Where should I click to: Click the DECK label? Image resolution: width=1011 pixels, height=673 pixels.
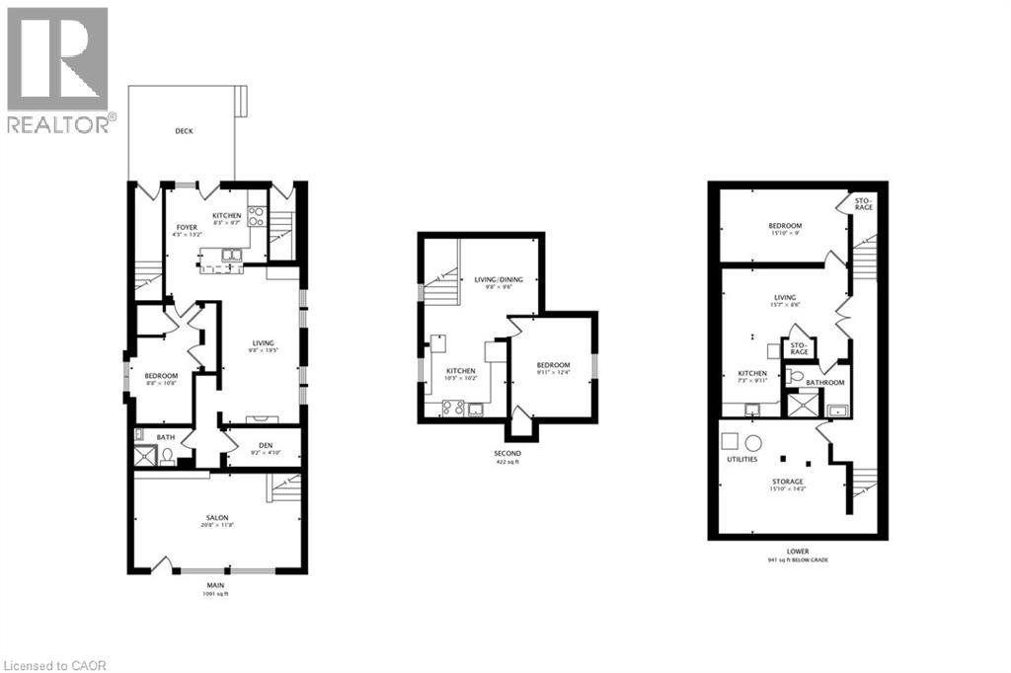tap(184, 131)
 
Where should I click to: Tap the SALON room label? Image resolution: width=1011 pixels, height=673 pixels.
tap(217, 517)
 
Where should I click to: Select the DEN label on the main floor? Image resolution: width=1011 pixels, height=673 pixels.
tap(266, 444)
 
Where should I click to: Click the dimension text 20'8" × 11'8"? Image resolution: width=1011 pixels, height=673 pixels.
tap(217, 526)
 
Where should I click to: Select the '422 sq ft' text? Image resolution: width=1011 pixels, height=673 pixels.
tap(506, 461)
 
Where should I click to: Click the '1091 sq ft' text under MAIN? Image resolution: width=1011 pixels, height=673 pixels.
tap(216, 593)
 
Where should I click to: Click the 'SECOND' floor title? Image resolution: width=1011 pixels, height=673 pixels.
tap(506, 453)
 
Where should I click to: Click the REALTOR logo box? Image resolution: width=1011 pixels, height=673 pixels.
tap(57, 59)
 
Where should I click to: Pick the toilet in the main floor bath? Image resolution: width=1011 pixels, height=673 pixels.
tap(167, 456)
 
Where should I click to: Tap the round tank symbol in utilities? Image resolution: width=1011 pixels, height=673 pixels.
tap(753, 441)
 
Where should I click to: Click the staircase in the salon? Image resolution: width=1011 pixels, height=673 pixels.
tap(284, 487)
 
